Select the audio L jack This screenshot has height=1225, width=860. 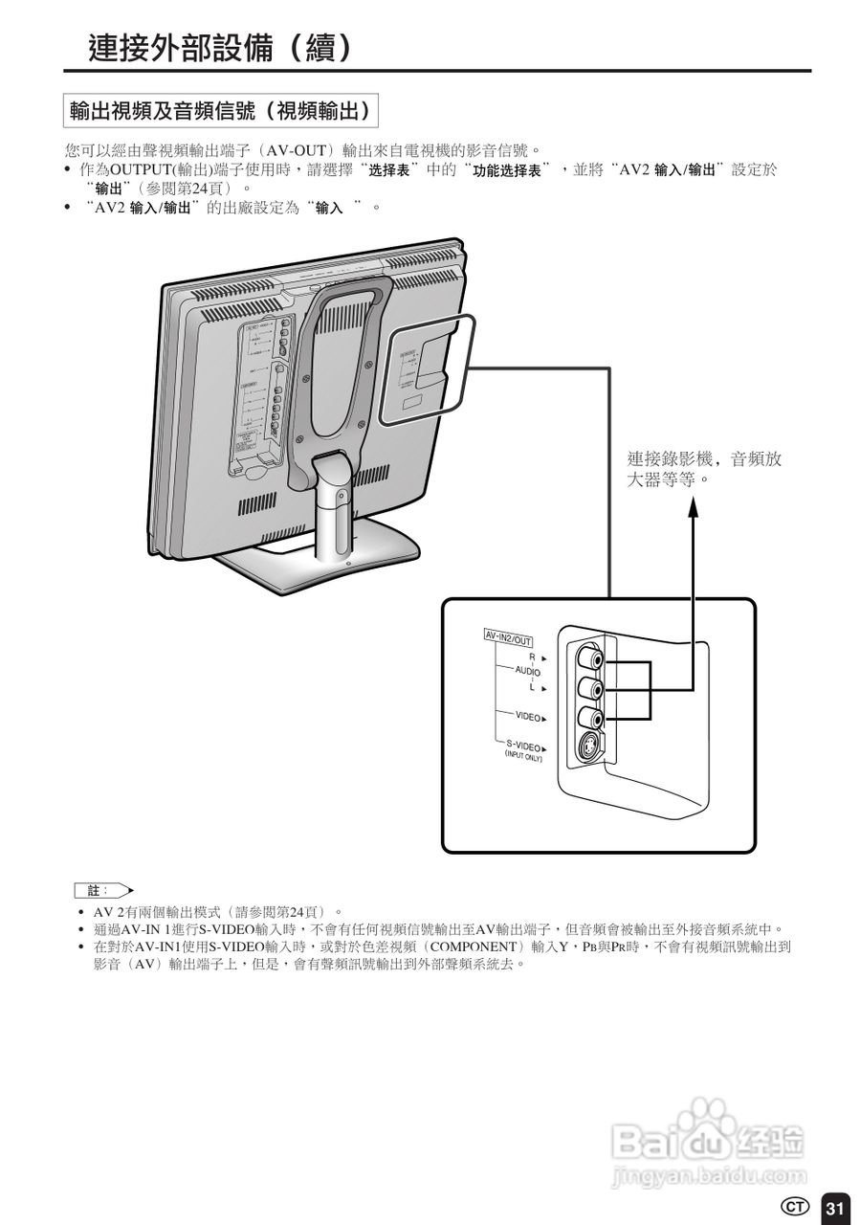(588, 688)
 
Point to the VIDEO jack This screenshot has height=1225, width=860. (588, 717)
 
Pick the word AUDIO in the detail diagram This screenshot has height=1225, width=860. (526, 672)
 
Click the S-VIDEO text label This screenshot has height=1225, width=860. (523, 746)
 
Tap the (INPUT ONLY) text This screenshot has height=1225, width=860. (523, 758)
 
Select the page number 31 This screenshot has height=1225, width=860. (834, 1207)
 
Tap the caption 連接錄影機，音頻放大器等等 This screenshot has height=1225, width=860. (704, 469)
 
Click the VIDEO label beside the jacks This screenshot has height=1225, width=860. (528, 716)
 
